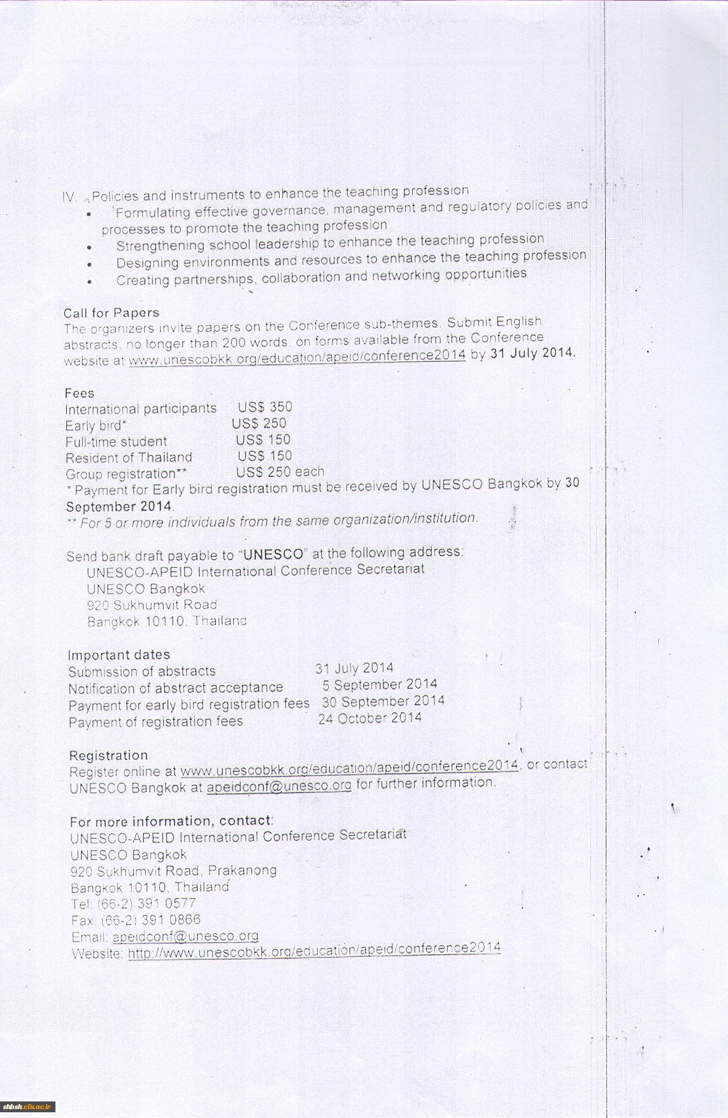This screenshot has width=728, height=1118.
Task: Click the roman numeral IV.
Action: pyautogui.click(x=69, y=197)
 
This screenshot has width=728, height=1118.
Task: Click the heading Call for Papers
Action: pyautogui.click(x=111, y=313)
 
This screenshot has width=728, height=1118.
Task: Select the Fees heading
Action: pyautogui.click(x=80, y=393)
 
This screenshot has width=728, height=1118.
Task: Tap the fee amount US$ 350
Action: pyautogui.click(x=265, y=407)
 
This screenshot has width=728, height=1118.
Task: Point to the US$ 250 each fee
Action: pyautogui.click(x=280, y=472)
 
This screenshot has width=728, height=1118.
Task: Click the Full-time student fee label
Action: pyautogui.click(x=116, y=441)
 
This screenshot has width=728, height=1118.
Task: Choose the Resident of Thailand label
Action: pyautogui.click(x=129, y=457)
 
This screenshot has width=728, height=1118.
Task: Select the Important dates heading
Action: pyautogui.click(x=119, y=655)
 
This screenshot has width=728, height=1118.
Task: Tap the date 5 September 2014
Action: pyautogui.click(x=380, y=685)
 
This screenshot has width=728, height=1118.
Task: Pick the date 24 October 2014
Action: pyautogui.click(x=370, y=719)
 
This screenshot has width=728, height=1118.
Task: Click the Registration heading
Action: pyautogui.click(x=108, y=756)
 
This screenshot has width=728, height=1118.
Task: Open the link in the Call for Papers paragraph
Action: pyautogui.click(x=297, y=357)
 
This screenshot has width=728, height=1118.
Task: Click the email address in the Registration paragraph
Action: pyautogui.click(x=279, y=786)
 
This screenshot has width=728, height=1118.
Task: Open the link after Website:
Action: pyautogui.click(x=314, y=951)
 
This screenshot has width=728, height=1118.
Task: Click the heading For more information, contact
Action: pyautogui.click(x=171, y=821)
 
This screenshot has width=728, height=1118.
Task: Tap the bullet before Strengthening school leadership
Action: pyautogui.click(x=90, y=247)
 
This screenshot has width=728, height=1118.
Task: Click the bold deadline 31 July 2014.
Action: pyautogui.click(x=532, y=352)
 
